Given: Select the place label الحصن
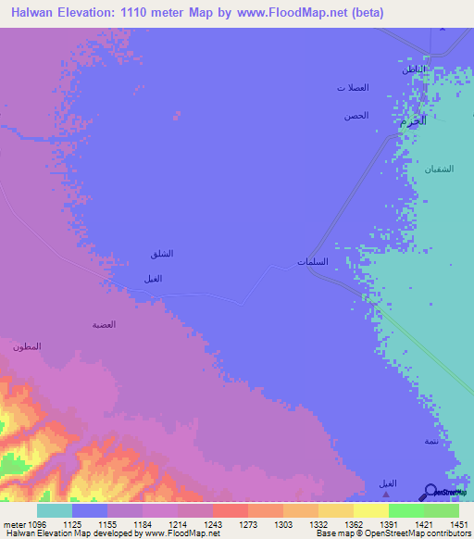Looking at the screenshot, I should tap(356, 116).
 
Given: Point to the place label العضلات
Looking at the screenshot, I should tap(353, 88).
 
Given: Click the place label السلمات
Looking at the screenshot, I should tap(313, 262).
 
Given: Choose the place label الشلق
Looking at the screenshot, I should tap(161, 254).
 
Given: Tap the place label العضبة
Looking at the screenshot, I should tap(103, 325).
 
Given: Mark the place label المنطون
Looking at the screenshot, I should tap(26, 346).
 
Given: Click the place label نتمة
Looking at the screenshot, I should tap(431, 441).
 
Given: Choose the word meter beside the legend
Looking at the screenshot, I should tap(12, 523).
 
